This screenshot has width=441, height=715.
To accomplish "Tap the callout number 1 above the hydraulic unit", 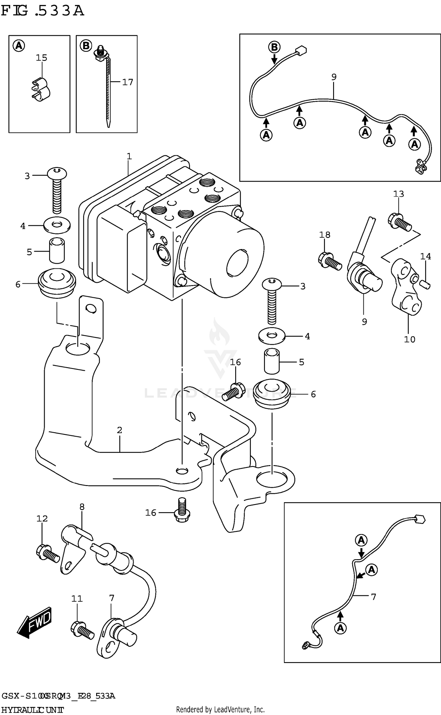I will (129, 156).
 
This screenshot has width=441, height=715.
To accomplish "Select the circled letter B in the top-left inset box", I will (86, 46).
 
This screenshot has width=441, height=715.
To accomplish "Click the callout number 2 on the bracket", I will (119, 430).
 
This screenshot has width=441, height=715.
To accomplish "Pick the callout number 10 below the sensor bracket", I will (410, 339).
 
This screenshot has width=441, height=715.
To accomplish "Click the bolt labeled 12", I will (48, 553).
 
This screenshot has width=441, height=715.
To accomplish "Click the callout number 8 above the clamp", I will (82, 507).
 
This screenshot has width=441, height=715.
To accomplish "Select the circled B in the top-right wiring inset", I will (274, 47).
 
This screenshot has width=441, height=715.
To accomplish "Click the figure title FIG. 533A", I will (43, 11).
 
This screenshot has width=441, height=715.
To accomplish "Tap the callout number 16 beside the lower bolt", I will (151, 513).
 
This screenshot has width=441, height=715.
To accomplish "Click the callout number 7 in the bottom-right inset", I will (373, 597).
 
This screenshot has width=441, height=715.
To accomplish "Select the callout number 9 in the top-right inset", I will (334, 77).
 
